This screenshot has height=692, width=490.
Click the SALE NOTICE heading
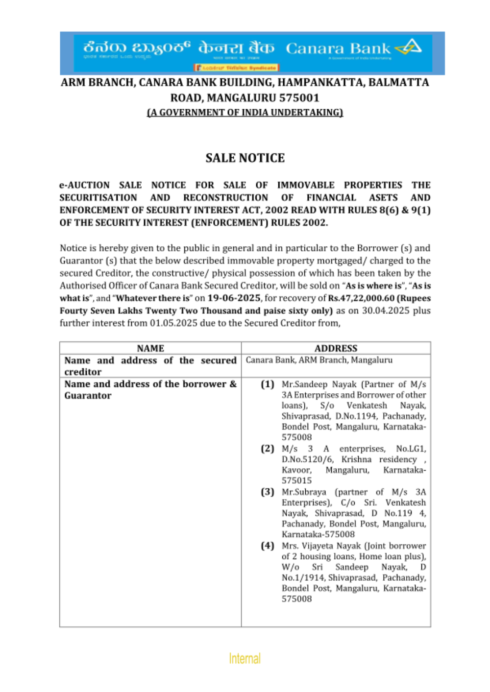point(245,158)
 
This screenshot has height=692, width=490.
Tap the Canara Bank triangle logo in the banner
point(409,47)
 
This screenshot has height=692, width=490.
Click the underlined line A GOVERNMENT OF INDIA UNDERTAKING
point(245,113)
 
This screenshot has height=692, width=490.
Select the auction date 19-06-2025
point(234,298)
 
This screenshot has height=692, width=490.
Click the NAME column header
point(150,348)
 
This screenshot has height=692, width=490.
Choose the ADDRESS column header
point(336,348)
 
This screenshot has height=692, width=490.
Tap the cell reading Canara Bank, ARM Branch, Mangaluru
point(319,360)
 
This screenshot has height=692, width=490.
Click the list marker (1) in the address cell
point(267,384)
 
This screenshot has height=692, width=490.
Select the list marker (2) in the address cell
point(267,449)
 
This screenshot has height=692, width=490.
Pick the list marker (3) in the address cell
point(267,492)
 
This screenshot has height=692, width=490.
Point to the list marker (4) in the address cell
point(267,546)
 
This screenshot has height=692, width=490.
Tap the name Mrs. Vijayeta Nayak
point(321,546)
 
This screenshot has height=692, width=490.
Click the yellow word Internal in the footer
point(245,658)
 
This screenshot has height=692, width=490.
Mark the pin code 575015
point(296,481)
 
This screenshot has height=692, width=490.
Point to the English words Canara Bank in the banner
point(338,48)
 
